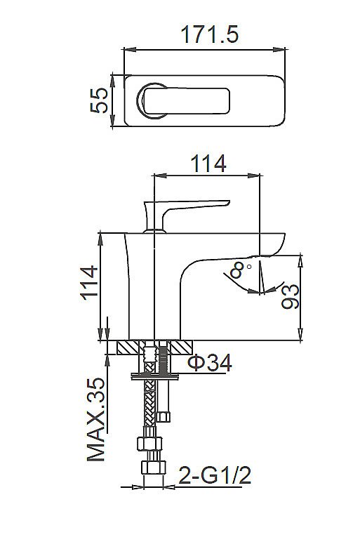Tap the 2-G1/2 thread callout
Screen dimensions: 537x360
click(213, 478)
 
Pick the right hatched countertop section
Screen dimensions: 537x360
click(182, 347)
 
